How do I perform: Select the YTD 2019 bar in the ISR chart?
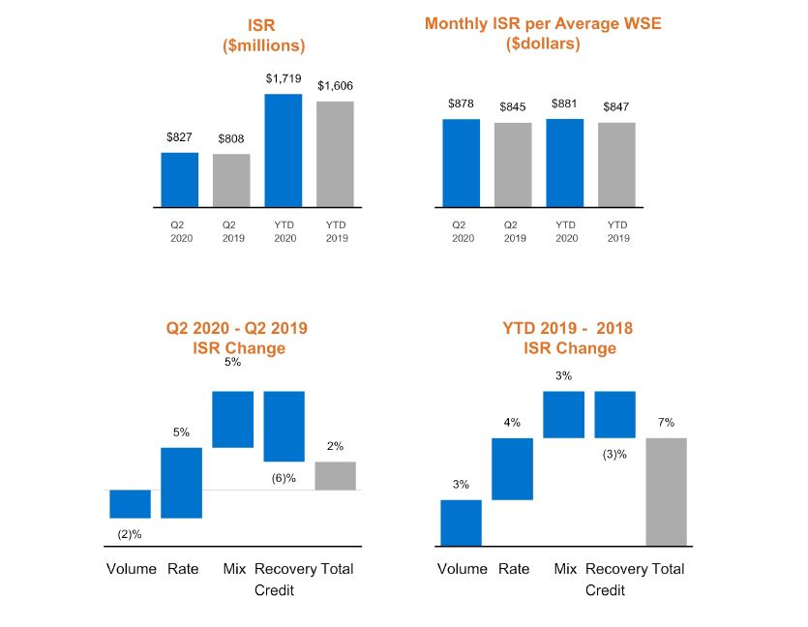335,154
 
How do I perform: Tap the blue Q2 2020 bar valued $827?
179,180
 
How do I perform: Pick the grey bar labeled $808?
231,181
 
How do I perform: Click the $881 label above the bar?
564,104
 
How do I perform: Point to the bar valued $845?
513,164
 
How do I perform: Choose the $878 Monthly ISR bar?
461,163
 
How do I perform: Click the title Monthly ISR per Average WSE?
543,23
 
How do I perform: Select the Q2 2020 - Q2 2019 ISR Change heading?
237,338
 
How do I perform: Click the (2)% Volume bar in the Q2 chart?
130,504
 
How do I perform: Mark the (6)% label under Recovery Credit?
284,477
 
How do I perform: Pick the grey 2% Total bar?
335,475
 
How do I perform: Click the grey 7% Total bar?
666,492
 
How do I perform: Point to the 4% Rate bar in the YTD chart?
512,469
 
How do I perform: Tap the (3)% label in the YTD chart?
614,454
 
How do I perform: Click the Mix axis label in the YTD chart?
565,569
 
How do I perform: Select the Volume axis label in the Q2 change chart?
131,569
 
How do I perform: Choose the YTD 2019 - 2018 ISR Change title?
569,338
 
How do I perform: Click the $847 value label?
615,106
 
